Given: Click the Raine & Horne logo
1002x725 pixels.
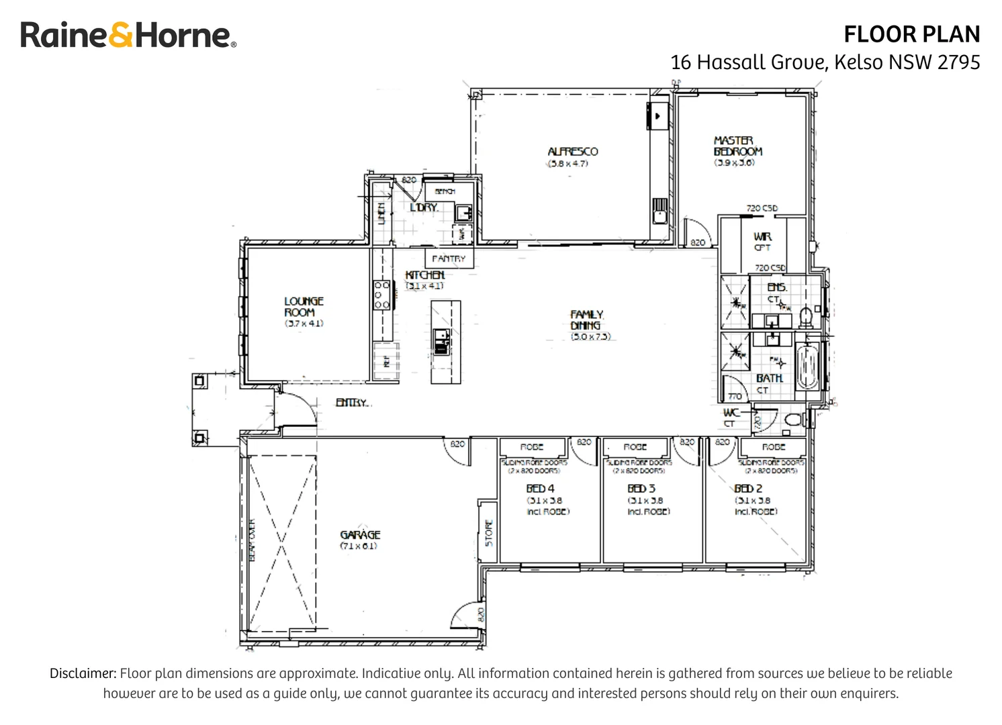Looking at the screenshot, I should tap(128, 35).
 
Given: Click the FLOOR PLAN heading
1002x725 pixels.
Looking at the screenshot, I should tap(911, 34).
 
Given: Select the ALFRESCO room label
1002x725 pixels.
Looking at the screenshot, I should tap(572, 152).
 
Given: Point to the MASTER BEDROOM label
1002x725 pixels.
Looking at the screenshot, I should tap(737, 146).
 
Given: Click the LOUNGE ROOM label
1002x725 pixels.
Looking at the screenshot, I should tap(304, 307).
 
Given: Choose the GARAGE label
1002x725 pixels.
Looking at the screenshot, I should tap(360, 535).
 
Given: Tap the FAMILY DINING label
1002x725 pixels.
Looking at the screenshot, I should tap(587, 320).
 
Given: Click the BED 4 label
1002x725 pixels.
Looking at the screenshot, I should tap(540, 489).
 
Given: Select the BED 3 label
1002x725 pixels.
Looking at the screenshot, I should tap(641, 489).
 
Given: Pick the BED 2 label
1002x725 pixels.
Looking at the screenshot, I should tap(748, 489).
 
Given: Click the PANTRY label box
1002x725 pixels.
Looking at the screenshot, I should tap(449, 258).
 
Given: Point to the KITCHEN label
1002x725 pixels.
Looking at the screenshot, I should tap(424, 275).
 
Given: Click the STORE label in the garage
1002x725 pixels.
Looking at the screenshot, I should tap(488, 533).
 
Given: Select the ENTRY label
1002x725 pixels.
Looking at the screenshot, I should tap(352, 402).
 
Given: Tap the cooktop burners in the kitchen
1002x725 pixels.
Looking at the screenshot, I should tap(381, 295).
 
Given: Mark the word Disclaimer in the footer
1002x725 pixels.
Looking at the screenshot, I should tap(83, 673).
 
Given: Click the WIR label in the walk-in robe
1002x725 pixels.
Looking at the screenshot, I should tap(762, 237).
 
